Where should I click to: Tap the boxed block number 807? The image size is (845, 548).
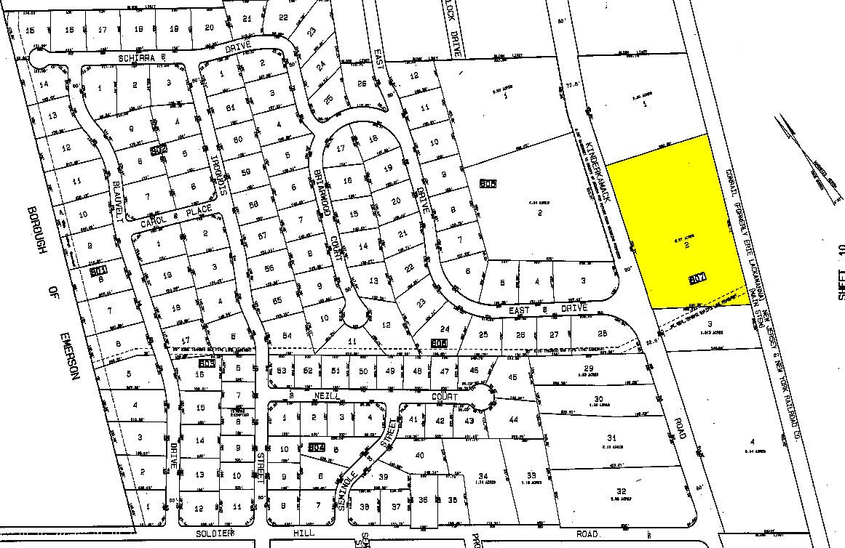click(x=697, y=279)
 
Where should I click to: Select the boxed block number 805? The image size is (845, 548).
click(x=488, y=185)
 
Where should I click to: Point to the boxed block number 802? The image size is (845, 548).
click(x=157, y=150)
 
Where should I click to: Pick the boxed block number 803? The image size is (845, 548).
click(x=206, y=363)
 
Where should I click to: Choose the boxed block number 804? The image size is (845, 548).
click(x=316, y=447)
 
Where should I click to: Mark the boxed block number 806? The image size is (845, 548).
click(x=438, y=342)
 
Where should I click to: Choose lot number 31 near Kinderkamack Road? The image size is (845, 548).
click(x=611, y=437)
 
